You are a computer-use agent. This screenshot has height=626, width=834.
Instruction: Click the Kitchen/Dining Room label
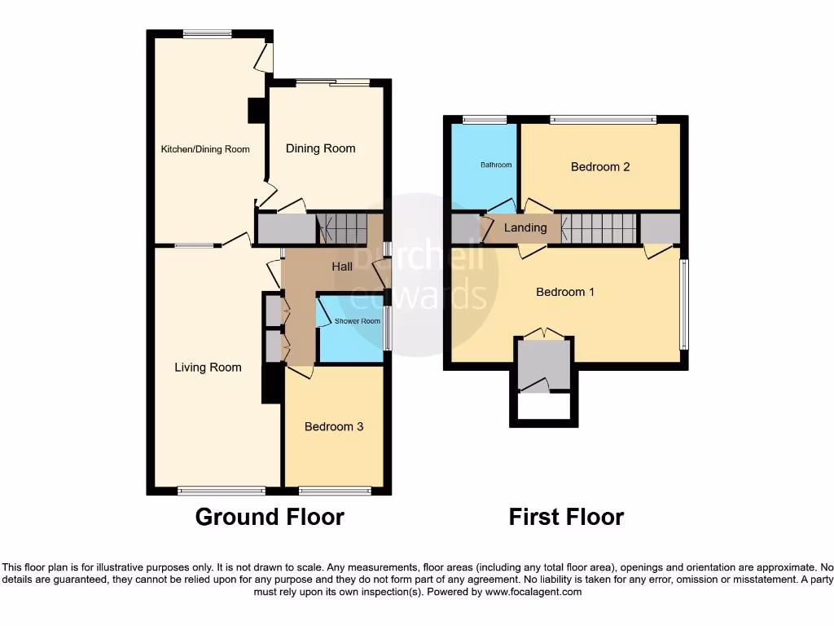pyautogui.click(x=205, y=149)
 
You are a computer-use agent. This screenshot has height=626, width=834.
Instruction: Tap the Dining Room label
pyautogui.click(x=320, y=148)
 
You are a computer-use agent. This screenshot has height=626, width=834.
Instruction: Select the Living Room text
pyautogui.click(x=208, y=368)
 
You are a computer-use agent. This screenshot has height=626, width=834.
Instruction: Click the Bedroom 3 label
pyautogui.click(x=334, y=426)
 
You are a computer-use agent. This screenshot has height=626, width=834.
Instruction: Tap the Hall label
pyautogui.click(x=342, y=267)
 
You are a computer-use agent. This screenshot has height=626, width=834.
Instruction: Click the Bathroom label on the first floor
pyautogui.click(x=496, y=165)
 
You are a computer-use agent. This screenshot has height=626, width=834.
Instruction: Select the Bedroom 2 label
pyautogui.click(x=600, y=167)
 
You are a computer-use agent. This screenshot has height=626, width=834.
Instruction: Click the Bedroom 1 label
pyautogui.click(x=565, y=292)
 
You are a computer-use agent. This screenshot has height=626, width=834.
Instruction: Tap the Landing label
pyautogui.click(x=525, y=227)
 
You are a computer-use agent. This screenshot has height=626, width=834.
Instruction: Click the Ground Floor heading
pyautogui.click(x=270, y=517)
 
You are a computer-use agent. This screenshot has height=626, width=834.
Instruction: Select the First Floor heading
pyautogui.click(x=566, y=517)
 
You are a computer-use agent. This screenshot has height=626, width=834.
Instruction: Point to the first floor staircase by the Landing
pyautogui.click(x=599, y=228)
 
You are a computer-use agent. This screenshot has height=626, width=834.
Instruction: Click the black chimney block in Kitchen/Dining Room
pyautogui.click(x=257, y=110)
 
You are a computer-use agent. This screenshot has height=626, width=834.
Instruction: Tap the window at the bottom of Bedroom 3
pyautogui.click(x=335, y=491)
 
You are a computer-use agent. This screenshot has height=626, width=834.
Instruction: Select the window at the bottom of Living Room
pyautogui.click(x=222, y=491)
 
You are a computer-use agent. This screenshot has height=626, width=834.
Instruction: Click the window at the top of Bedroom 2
pyautogui.click(x=603, y=120)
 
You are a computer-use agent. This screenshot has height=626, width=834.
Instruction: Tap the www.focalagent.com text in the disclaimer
pyautogui.click(x=533, y=592)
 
